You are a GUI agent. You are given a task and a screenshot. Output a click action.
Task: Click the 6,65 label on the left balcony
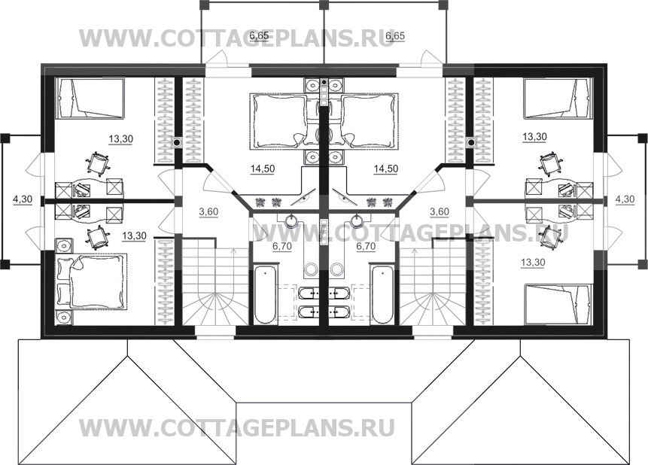260,36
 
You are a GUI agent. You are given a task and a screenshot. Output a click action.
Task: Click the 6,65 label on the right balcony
394,36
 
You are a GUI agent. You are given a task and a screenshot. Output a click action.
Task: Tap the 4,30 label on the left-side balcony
23,199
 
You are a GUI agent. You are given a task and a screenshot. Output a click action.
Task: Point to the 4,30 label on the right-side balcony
625,199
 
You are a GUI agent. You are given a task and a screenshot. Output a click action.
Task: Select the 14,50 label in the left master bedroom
263,169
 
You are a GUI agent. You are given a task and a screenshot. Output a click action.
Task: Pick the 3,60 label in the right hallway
440,212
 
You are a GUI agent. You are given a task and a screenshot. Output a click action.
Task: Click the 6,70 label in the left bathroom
281,246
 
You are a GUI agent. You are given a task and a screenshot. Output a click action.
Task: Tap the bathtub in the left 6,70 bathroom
266,294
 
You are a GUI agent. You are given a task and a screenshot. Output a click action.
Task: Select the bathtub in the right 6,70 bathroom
382,294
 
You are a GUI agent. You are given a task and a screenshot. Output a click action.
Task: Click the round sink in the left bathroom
293,221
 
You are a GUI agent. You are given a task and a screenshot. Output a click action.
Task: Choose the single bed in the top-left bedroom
90,99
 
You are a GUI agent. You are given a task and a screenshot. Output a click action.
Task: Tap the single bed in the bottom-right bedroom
558,304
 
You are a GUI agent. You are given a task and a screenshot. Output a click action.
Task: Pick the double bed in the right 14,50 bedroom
370,120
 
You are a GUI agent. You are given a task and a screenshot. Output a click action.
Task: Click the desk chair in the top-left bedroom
99,163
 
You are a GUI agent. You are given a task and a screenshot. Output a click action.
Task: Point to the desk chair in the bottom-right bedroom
549,237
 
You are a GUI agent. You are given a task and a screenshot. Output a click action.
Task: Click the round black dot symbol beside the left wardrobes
176,142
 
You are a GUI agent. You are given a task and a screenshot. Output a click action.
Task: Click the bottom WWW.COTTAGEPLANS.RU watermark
237,428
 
